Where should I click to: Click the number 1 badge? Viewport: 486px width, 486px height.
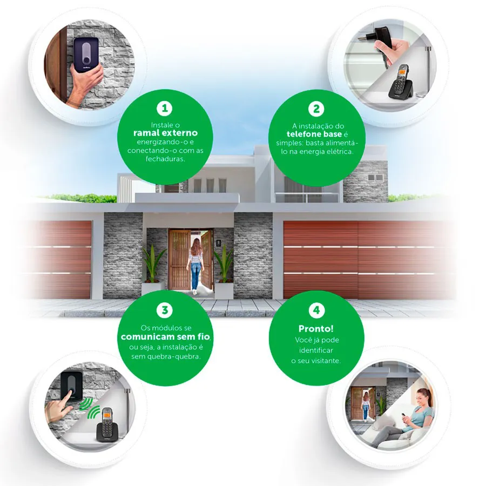pos(165,108)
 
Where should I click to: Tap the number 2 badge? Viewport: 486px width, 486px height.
pos(316,109)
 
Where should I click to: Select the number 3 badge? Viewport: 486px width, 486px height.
pos(165,310)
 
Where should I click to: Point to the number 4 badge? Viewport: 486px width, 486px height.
pos(316,310)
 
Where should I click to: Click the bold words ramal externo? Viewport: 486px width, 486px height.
pos(166,133)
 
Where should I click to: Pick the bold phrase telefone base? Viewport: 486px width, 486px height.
pos(314,134)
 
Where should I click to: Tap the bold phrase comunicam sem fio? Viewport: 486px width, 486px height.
pos(165,336)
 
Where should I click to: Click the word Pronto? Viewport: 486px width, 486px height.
pos(316,328)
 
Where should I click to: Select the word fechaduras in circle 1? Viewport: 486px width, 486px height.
pos(165,159)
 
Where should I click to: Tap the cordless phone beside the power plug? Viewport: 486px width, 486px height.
pos(401,82)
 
